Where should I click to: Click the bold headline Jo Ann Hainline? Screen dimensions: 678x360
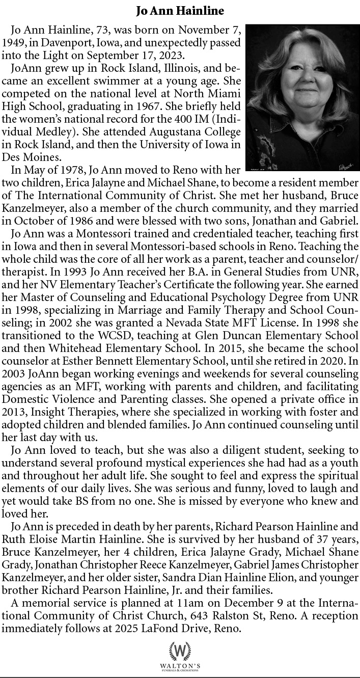[x=180, y=10]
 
